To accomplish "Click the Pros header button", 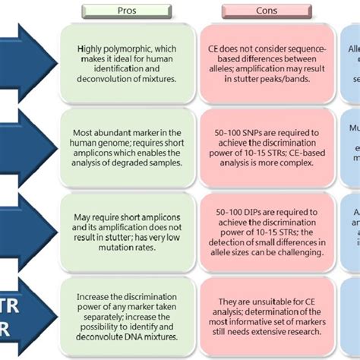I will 127,11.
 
